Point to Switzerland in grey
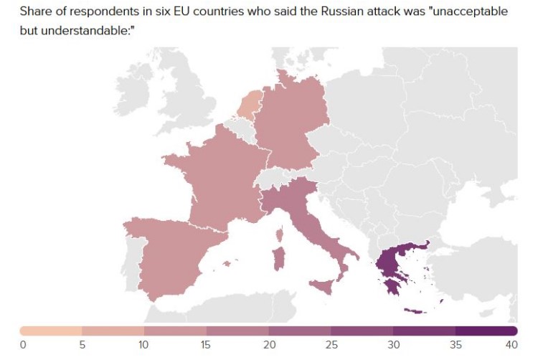(273, 176)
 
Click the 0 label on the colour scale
(23, 345)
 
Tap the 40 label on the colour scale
(511, 345)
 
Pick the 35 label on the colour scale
(455, 345)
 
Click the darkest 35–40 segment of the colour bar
(486, 331)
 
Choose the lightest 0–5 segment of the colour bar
(51, 331)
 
